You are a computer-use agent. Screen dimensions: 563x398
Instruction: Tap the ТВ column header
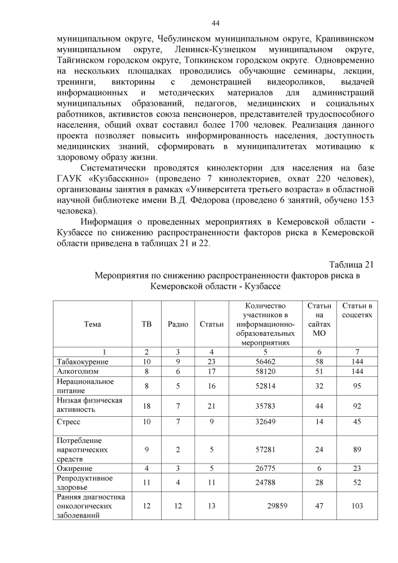coord(147,323)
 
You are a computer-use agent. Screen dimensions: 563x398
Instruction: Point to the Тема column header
coord(92,323)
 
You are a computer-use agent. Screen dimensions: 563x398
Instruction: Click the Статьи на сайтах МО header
coord(319,319)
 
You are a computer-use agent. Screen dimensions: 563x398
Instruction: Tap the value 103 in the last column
coord(357,506)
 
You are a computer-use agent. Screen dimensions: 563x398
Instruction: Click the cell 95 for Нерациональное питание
coord(357,386)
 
